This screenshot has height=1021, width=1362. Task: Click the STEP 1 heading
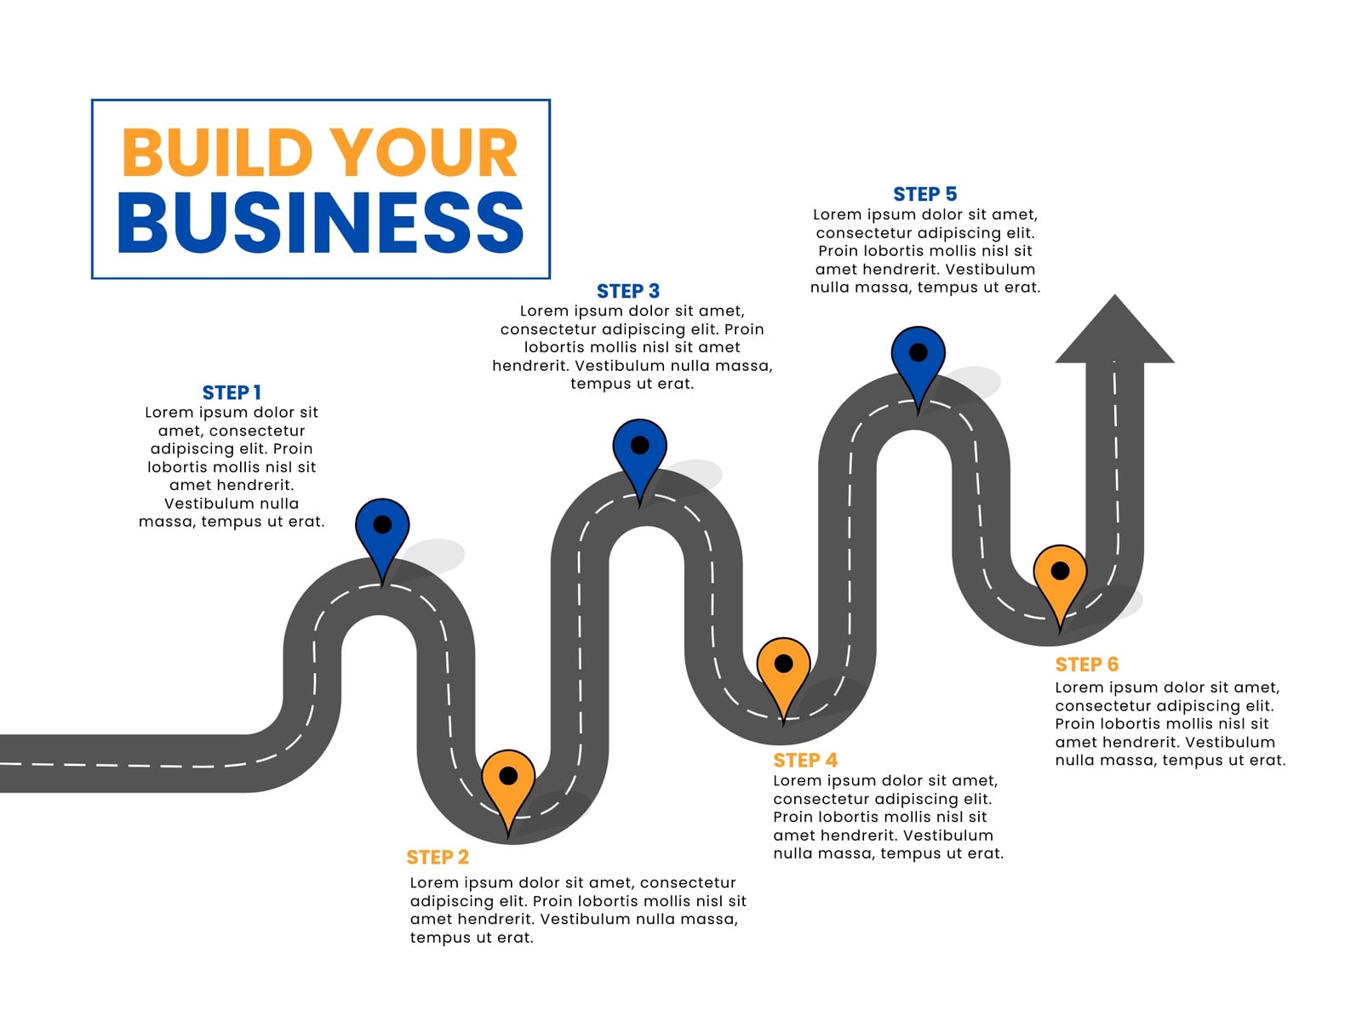232,392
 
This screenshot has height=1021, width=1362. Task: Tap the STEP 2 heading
438,857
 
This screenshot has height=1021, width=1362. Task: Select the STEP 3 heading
628,291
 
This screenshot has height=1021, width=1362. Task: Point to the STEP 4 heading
804,760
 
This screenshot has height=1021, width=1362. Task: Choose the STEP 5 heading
924,194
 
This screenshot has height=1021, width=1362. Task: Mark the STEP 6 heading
1086,665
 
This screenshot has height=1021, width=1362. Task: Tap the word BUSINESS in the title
321,221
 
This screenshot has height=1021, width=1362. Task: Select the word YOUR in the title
423,152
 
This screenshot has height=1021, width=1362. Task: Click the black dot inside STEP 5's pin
918,353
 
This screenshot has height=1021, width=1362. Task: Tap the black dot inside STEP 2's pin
508,775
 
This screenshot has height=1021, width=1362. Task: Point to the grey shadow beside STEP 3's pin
695,474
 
